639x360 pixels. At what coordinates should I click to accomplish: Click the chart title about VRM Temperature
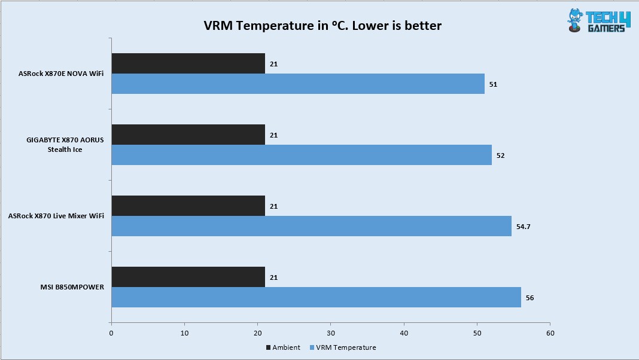pyautogui.click(x=324, y=26)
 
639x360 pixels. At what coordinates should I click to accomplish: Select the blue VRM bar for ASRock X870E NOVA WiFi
pyautogui.click(x=298, y=84)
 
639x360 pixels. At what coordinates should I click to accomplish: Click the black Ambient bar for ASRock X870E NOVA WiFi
pyautogui.click(x=188, y=63)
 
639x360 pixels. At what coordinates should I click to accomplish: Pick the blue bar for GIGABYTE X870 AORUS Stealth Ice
pyautogui.click(x=302, y=155)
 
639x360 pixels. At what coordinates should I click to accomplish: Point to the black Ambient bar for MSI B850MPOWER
pyautogui.click(x=188, y=277)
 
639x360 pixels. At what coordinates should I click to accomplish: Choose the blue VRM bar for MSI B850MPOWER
pyautogui.click(x=316, y=297)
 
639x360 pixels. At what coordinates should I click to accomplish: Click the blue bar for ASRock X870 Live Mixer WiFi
pyautogui.click(x=311, y=226)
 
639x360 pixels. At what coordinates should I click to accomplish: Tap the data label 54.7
pyautogui.click(x=525, y=227)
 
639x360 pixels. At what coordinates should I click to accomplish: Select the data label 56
pyautogui.click(x=529, y=298)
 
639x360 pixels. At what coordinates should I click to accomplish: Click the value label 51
pyautogui.click(x=493, y=84)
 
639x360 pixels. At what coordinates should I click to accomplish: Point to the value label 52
pyautogui.click(x=500, y=155)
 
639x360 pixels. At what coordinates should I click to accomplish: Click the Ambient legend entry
pyautogui.click(x=282, y=347)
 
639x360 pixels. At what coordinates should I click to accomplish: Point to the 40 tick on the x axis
pyautogui.click(x=404, y=332)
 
